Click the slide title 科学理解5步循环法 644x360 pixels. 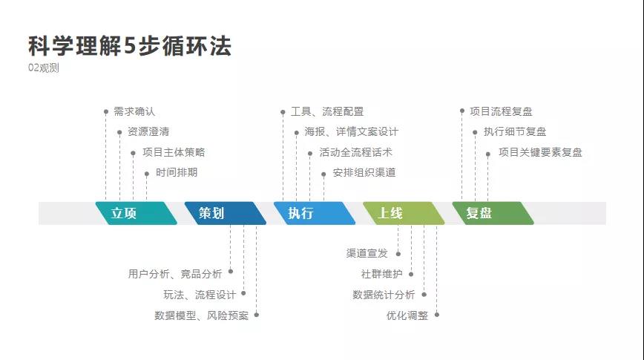pos(130,46)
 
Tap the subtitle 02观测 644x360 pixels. pos(44,68)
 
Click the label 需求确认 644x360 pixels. pos(134,111)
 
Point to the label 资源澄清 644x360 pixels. pos(148,132)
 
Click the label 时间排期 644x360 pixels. pos(177,173)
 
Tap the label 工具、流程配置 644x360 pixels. pos(327,111)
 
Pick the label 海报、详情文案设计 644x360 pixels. pos(351,132)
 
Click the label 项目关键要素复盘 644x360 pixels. pos(540,152)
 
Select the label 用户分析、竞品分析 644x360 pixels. pos(175,274)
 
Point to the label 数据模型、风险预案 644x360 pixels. pos(202,315)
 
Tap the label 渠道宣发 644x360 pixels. pos(367,253)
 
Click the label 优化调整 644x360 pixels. pos(407,315)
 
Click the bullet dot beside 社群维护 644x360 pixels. pos(411,274)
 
